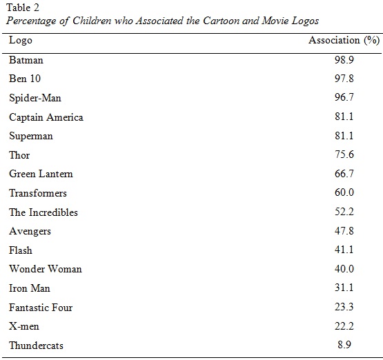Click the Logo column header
click(x=21, y=40)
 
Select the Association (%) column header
click(x=344, y=40)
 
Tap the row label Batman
click(x=26, y=60)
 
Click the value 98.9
click(x=344, y=60)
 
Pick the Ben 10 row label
click(x=25, y=79)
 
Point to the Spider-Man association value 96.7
click(x=344, y=97)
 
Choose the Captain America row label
click(x=46, y=117)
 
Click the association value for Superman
click(x=344, y=135)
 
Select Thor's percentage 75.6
click(x=344, y=154)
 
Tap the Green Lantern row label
click(x=41, y=174)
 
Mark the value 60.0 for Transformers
click(x=344, y=192)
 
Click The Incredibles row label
click(x=43, y=212)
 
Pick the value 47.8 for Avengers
click(x=344, y=230)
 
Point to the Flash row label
click(x=21, y=250)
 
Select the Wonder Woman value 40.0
click(x=344, y=269)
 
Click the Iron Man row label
click(x=30, y=288)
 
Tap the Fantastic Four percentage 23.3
click(x=344, y=307)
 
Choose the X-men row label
click(x=24, y=326)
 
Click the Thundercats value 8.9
click(x=344, y=345)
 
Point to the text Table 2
click(x=23, y=8)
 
